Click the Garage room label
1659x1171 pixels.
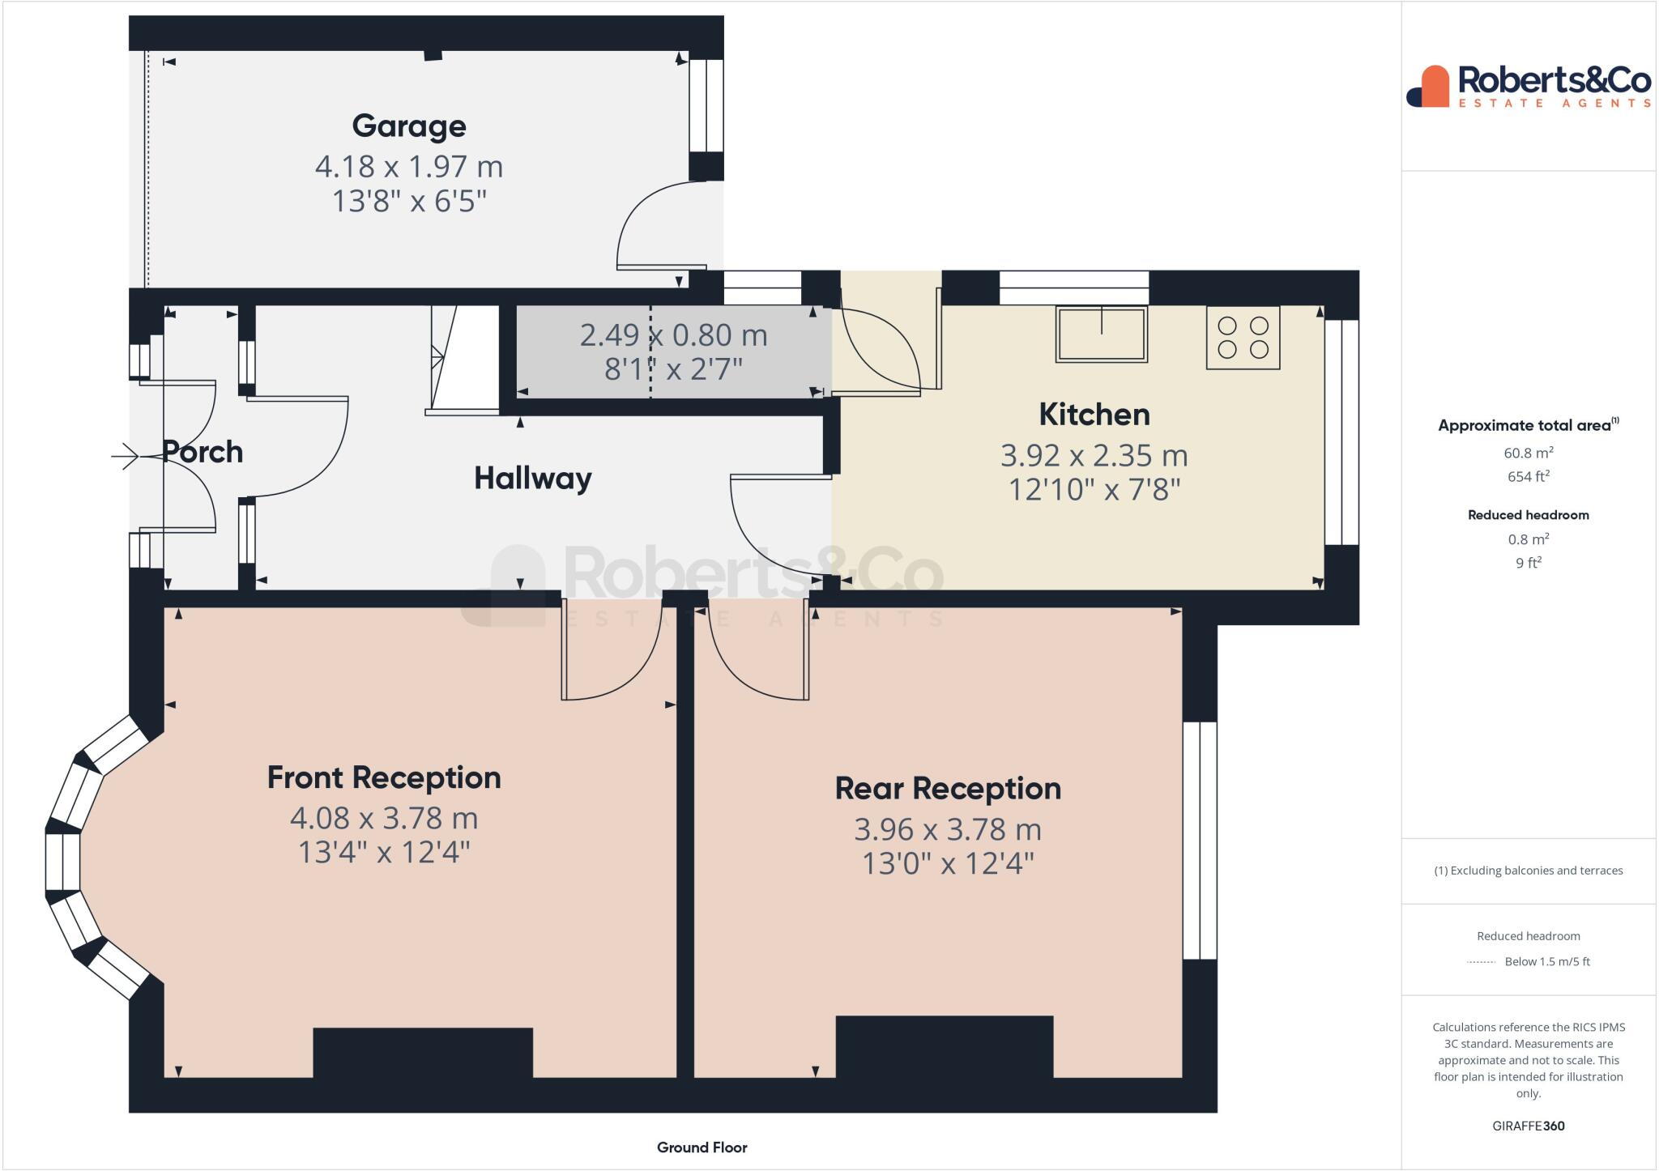[x=409, y=126]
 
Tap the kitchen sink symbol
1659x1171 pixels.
[x=1101, y=333]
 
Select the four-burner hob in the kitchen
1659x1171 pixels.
[x=1243, y=338]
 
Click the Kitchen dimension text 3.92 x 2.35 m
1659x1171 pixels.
[x=1094, y=456]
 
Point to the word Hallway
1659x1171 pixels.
[x=532, y=478]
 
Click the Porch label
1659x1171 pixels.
[x=203, y=452]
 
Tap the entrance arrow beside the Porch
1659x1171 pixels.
[x=126, y=457]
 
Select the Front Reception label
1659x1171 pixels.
[x=384, y=777]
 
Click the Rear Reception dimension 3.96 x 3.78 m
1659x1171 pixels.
[x=948, y=829]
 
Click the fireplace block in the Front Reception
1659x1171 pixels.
[x=423, y=1052]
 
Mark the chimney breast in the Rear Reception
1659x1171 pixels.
[x=945, y=1045]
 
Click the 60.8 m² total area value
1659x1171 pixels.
[x=1528, y=453]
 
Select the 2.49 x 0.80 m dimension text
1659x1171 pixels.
[x=673, y=335]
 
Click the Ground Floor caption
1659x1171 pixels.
[x=702, y=1148]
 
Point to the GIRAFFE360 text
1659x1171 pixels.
[x=1528, y=1126]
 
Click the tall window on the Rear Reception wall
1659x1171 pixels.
[x=1200, y=840]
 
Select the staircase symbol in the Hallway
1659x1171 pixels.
[x=463, y=357]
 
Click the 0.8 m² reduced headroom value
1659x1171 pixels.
[x=1528, y=539]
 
